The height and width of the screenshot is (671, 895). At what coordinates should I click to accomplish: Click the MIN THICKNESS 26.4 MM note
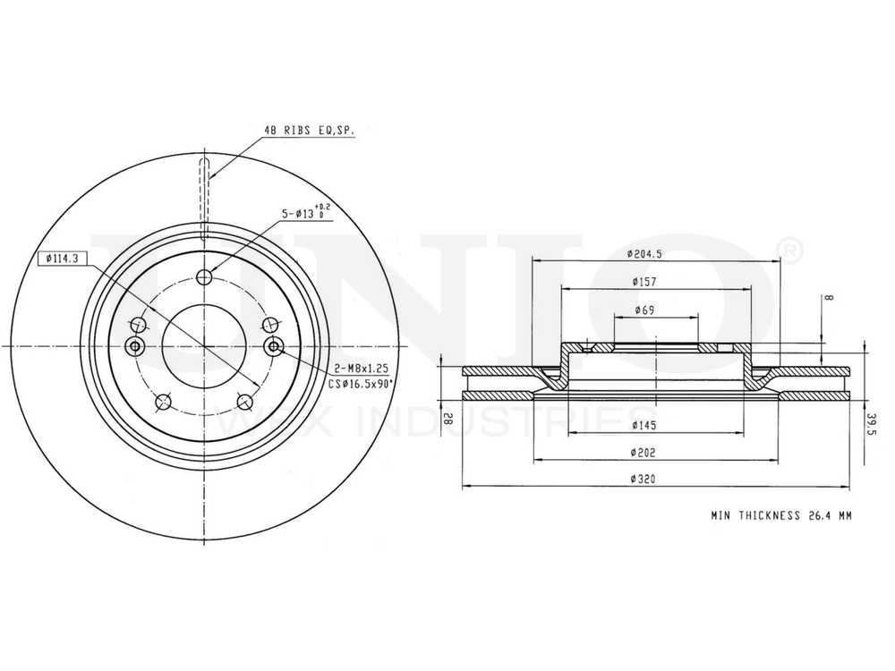pos(780,515)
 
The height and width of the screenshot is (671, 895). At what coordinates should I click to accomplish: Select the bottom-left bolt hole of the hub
pos(163,403)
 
